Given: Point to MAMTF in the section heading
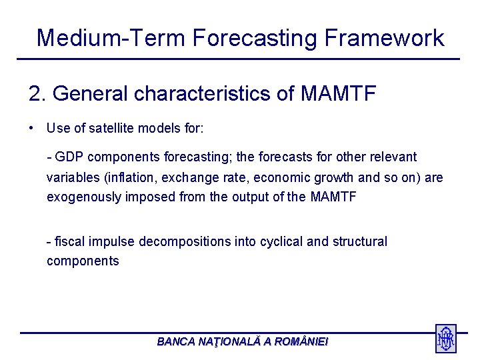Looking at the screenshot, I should pos(339,94).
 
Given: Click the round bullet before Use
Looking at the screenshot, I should pos(32,128).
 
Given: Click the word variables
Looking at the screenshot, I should pos(70,177).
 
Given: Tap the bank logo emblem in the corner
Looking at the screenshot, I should pos(445,338).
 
